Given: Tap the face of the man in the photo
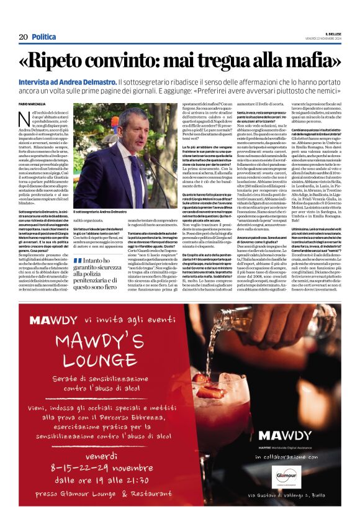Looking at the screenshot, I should pyautogui.click(x=132, y=130).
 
